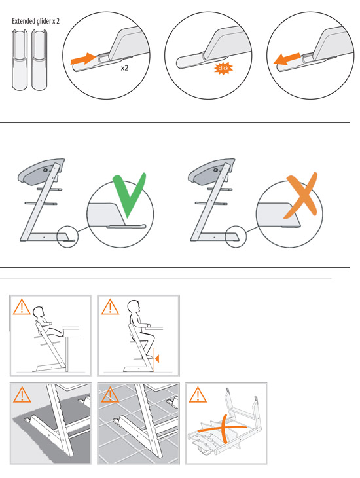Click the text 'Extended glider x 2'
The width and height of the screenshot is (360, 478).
35,21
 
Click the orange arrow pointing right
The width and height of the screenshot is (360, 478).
83,58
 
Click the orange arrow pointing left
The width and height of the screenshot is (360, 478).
287,59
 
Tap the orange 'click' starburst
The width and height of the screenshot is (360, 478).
223,68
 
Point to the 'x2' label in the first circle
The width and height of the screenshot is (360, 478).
124,68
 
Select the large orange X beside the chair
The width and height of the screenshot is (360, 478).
300,195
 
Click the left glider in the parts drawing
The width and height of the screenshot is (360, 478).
20,60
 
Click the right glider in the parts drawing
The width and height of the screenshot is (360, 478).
39,60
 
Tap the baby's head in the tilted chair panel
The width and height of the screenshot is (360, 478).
39,312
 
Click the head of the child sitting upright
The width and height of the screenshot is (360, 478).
134,306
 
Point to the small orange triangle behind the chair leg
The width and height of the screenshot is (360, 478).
156,359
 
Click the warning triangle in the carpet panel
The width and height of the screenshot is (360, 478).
22,394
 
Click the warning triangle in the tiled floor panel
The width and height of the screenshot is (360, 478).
110,394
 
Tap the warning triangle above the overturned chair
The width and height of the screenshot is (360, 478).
198,394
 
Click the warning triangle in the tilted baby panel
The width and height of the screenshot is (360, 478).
22,306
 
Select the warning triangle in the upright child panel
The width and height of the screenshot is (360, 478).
110,306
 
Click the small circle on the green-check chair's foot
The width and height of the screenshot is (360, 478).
68,236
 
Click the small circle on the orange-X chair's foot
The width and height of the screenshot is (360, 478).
236,236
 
